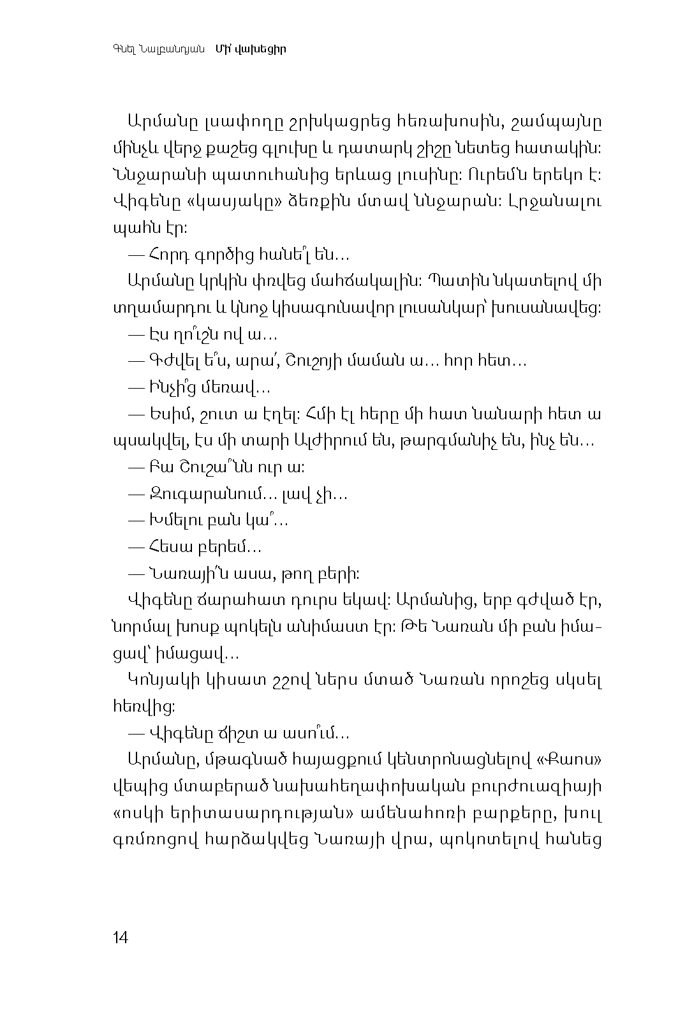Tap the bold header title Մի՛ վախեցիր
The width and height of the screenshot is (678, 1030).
[x=250, y=49]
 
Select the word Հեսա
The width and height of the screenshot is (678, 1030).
[x=167, y=547]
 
